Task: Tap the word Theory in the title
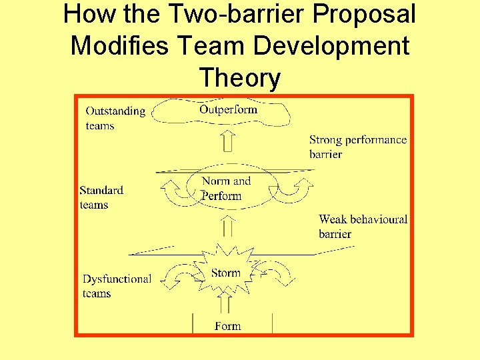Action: (240, 78)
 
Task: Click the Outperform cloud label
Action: (228, 110)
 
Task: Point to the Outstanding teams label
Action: (115, 118)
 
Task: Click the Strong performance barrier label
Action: (357, 147)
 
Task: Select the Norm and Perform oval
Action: (226, 188)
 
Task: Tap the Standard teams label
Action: (101, 197)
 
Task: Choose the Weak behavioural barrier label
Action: (363, 226)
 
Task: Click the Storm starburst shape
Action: (225, 272)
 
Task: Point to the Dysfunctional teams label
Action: (117, 286)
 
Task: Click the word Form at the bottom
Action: (227, 326)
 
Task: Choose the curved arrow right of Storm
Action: (275, 273)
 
